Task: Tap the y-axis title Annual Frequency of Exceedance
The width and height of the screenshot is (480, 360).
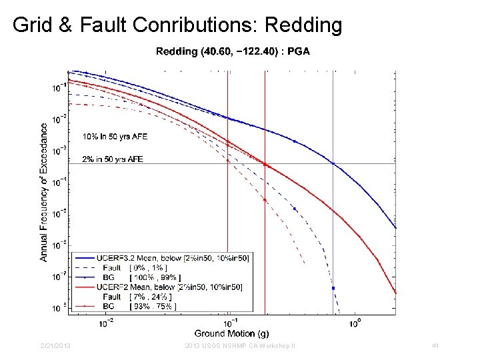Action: pyautogui.click(x=43, y=191)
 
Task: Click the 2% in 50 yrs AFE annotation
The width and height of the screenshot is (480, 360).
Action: pyautogui.click(x=113, y=159)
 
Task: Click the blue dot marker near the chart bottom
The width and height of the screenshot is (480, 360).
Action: pyautogui.click(x=333, y=288)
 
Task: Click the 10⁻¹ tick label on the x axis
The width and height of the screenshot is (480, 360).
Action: pyautogui.click(x=230, y=323)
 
